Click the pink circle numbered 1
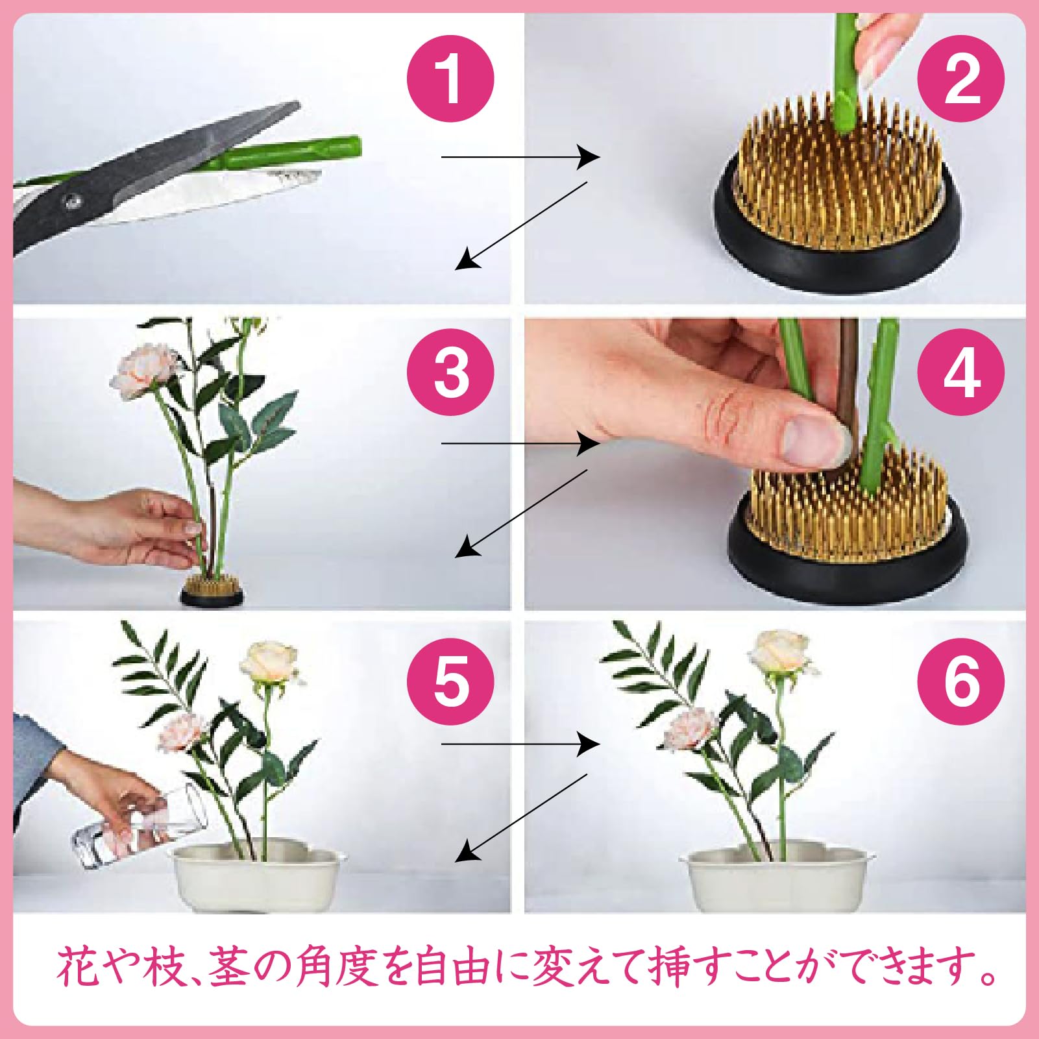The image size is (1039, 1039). click(450, 79)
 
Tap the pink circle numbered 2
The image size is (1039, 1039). click(960, 79)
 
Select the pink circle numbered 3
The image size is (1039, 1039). click(450, 373)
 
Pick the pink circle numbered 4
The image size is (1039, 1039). click(960, 373)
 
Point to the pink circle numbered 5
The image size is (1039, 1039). click(450, 681)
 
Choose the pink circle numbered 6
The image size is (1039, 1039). click(960, 681)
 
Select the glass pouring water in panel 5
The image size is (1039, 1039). click(140, 827)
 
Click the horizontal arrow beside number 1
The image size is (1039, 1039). click(519, 156)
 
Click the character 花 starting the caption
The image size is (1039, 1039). click(78, 967)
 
